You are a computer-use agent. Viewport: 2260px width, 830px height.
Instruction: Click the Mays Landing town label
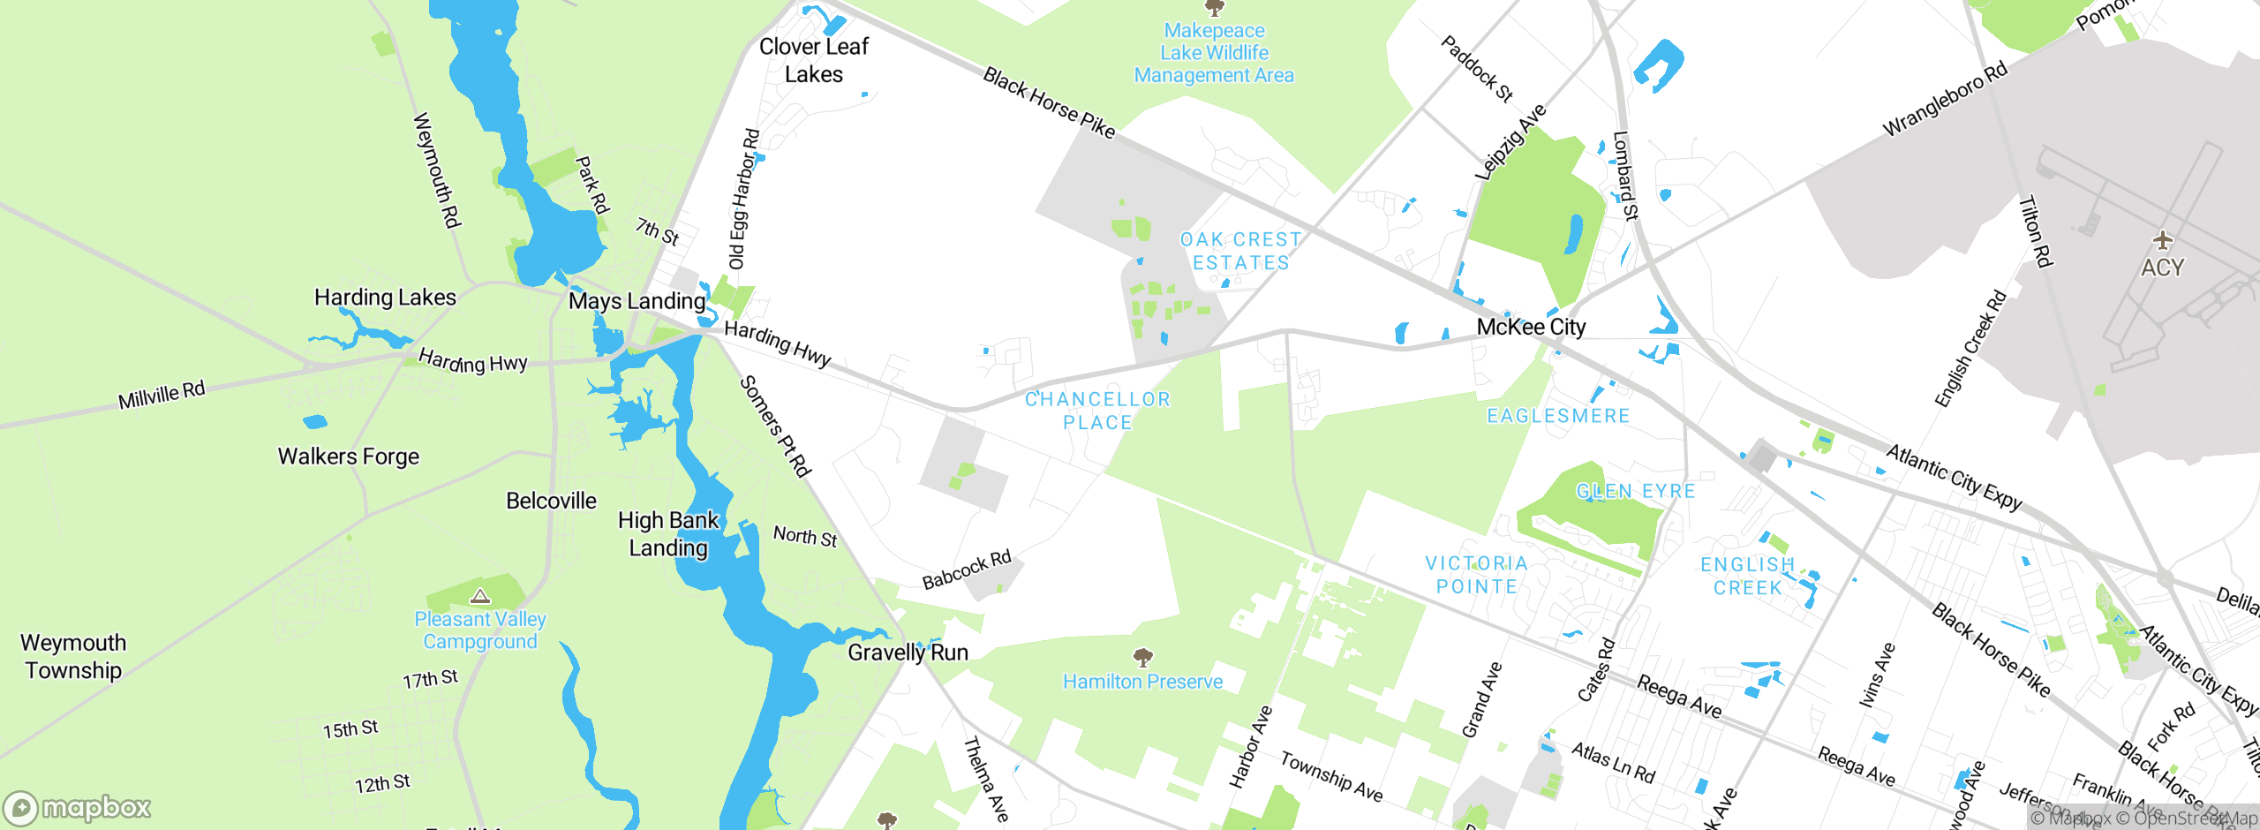[637, 301]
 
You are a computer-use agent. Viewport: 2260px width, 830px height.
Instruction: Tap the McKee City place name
[1531, 327]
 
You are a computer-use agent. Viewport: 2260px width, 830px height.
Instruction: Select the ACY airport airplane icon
[2162, 239]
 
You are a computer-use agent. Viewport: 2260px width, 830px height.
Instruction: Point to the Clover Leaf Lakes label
[813, 60]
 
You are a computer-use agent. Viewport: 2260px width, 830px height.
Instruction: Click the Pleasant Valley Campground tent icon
[480, 596]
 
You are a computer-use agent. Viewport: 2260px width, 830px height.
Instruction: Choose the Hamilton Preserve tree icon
[1142, 657]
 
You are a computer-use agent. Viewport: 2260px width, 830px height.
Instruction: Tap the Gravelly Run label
[908, 653]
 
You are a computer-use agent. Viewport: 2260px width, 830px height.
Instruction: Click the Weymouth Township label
[73, 656]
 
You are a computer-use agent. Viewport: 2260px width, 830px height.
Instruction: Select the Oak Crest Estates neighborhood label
[1240, 252]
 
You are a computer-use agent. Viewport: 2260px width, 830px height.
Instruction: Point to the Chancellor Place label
[1097, 411]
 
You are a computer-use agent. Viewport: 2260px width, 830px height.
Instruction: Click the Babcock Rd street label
[967, 570]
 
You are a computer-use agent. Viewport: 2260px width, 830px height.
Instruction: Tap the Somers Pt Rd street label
[774, 426]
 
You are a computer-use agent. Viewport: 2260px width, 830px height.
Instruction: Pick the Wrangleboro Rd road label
[1945, 99]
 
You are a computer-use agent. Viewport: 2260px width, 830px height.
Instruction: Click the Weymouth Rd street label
[437, 170]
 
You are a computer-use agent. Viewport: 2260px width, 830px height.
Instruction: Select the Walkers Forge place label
[349, 456]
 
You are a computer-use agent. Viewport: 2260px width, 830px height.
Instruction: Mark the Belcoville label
[551, 501]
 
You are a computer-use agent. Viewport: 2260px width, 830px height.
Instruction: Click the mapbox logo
[78, 807]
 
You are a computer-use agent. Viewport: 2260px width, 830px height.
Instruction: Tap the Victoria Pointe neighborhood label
[1476, 575]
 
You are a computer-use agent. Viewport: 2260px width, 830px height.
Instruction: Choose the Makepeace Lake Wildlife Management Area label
[1214, 53]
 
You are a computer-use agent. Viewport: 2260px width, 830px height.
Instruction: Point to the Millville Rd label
[162, 395]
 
